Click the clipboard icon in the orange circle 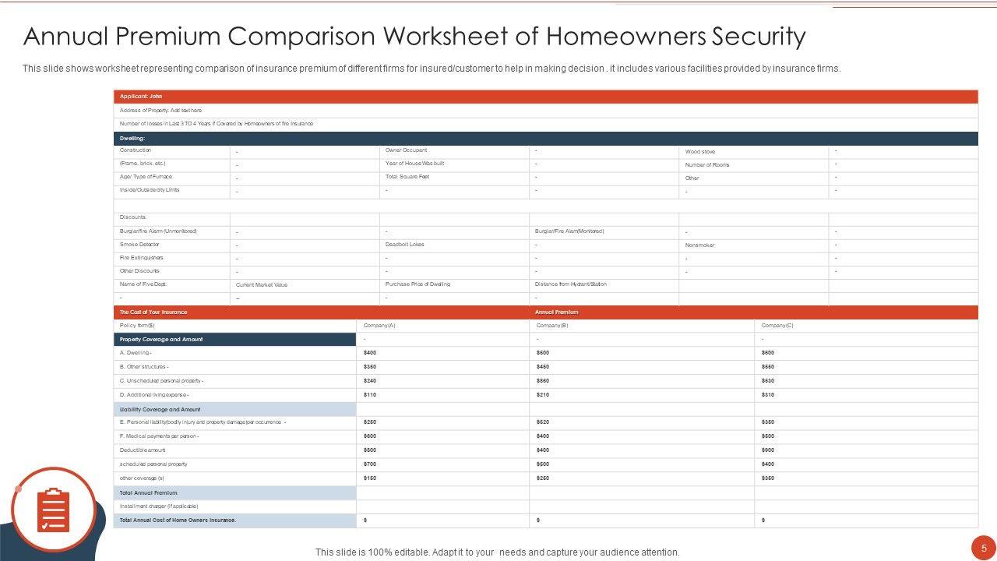click(x=53, y=510)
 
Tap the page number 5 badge click(x=984, y=547)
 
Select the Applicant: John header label click(x=141, y=97)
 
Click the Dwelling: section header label click(x=132, y=138)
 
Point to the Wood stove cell click(x=699, y=152)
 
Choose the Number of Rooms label click(x=707, y=165)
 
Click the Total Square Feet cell click(x=407, y=177)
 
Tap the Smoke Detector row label click(x=139, y=245)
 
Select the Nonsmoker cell click(x=699, y=245)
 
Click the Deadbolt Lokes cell click(x=405, y=245)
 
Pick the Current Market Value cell click(x=262, y=285)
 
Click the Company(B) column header click(x=552, y=326)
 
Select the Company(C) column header click(x=777, y=326)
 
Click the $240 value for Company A click(x=370, y=381)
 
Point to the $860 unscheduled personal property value click(x=543, y=381)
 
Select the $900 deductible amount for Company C click(x=768, y=450)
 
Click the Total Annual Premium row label click(x=148, y=493)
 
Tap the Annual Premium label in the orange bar click(x=556, y=312)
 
